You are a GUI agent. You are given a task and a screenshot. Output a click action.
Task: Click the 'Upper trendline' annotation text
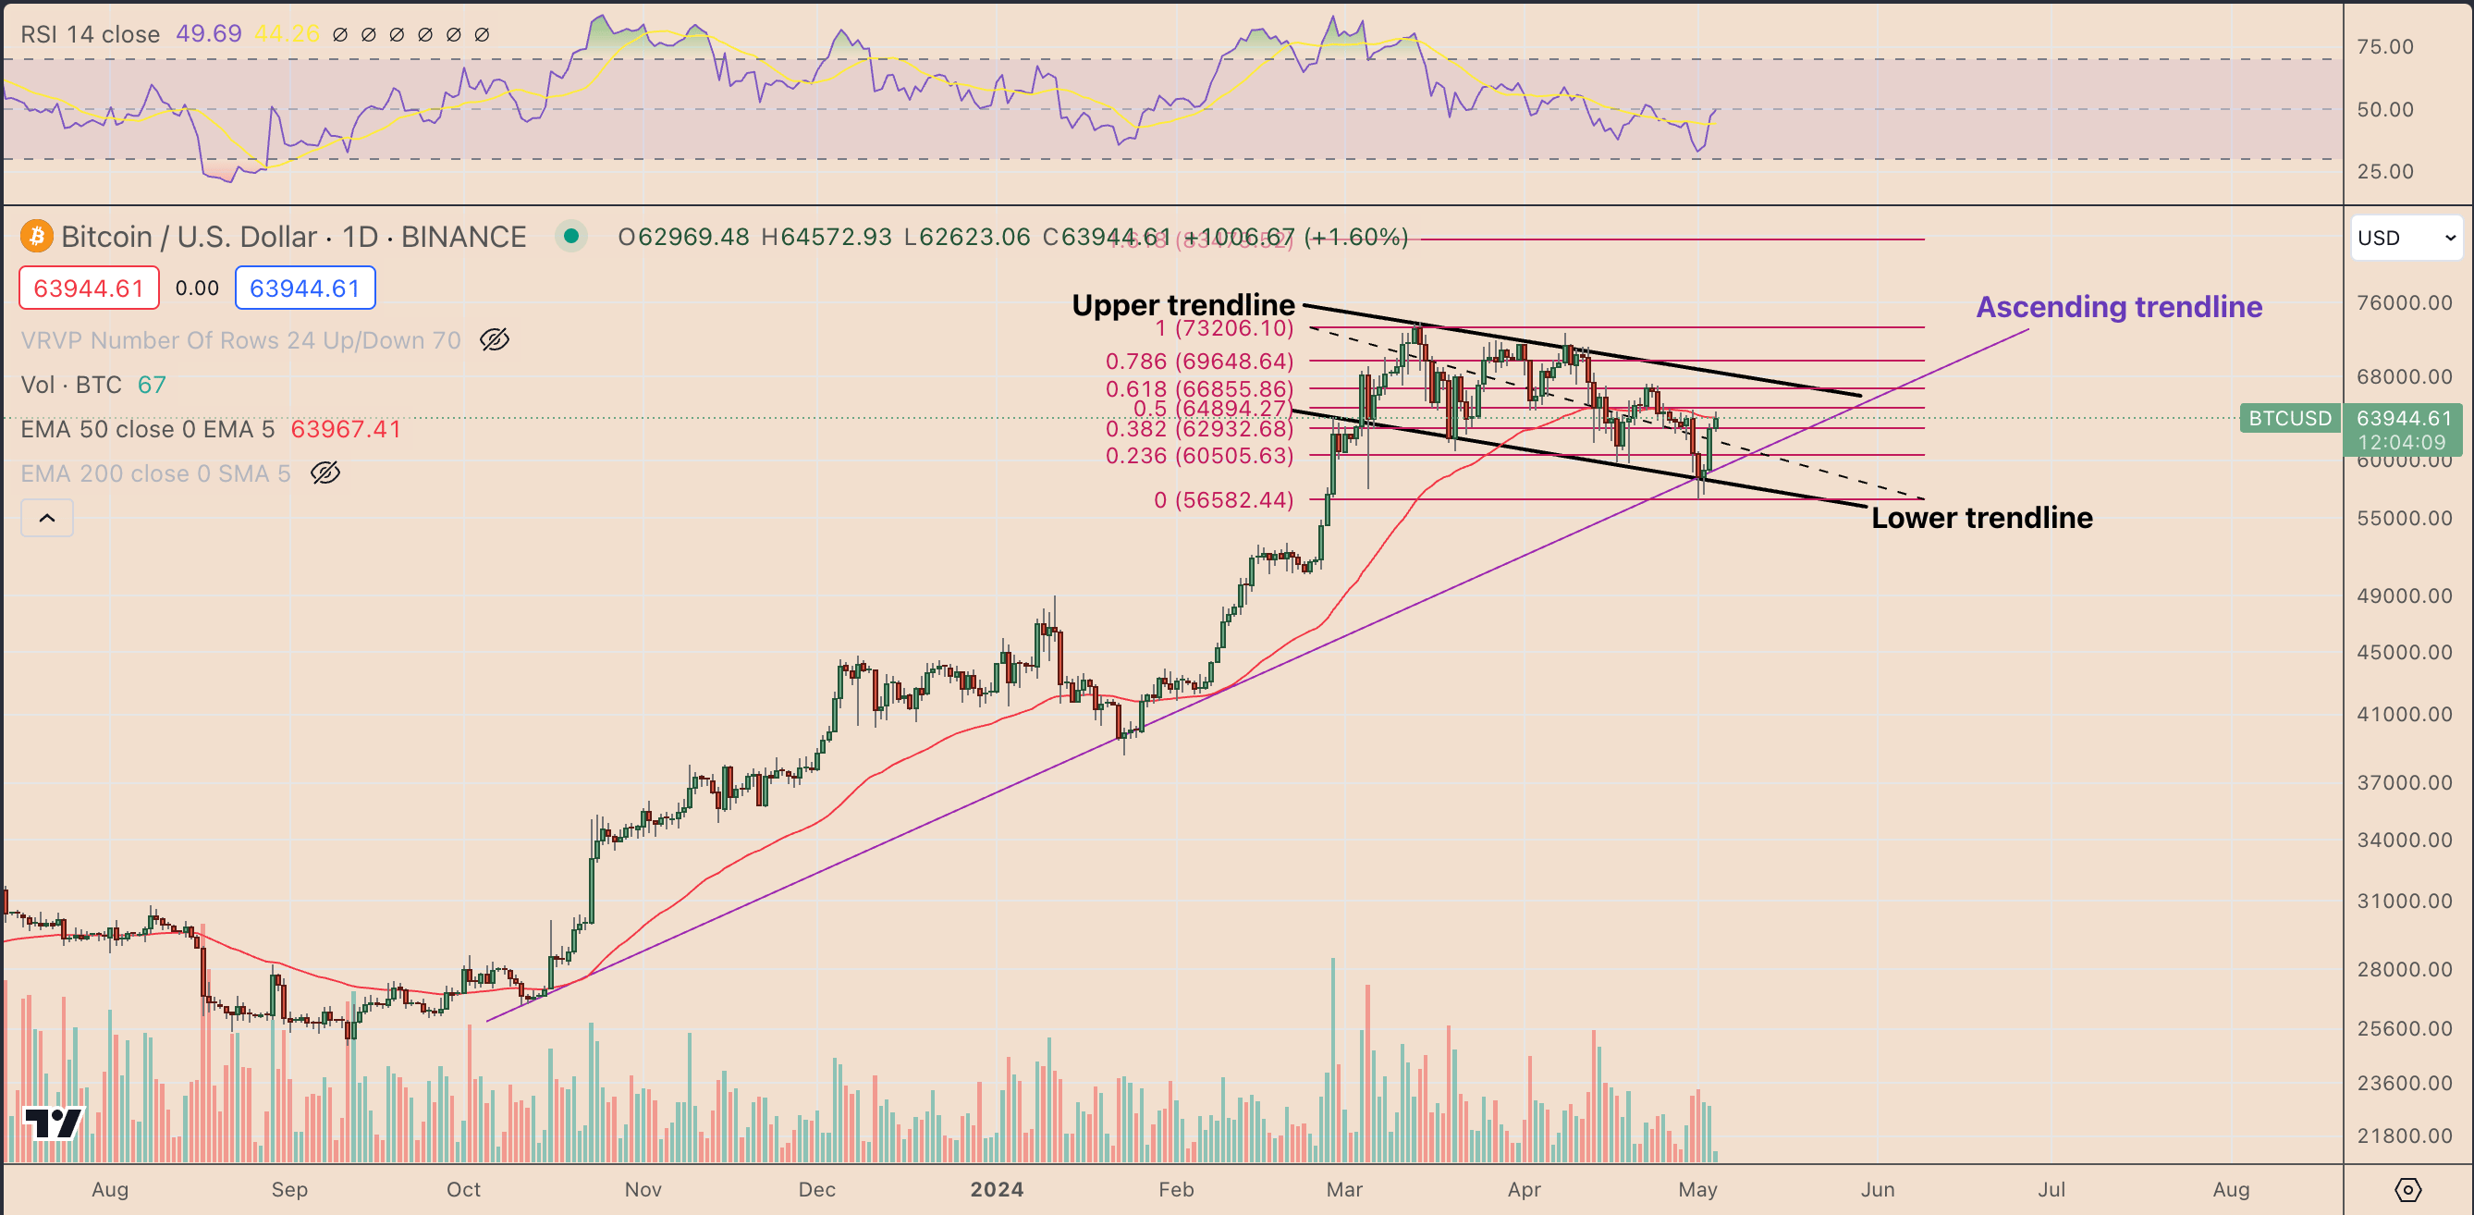pos(1182,305)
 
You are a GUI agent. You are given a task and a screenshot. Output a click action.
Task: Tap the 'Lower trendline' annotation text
pos(1981,519)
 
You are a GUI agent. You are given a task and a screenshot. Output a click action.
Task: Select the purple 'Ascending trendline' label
pos(2119,307)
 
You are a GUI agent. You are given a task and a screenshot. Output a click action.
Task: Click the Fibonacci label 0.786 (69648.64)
pos(1198,362)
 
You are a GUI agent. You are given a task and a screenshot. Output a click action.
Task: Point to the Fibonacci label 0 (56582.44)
pos(1222,500)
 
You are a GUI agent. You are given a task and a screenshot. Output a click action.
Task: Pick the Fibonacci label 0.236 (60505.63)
pos(1198,456)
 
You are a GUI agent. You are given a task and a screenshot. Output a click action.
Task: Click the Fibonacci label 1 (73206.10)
pos(1223,328)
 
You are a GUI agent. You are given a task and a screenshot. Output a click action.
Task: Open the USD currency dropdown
pos(2406,239)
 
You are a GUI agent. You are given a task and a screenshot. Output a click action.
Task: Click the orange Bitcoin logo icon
pos(36,237)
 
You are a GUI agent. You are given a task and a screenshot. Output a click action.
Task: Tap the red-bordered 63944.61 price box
pos(90,288)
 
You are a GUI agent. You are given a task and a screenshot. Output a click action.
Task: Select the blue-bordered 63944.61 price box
pos(304,288)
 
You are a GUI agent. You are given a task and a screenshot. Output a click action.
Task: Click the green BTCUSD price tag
pos(2290,419)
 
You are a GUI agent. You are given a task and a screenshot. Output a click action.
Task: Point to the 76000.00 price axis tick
pos(2404,303)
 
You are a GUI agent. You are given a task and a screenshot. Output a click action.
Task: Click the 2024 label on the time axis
pos(996,1190)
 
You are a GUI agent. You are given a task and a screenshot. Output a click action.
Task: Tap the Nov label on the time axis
pos(643,1190)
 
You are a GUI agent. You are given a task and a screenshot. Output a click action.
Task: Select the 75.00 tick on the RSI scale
pos(2384,47)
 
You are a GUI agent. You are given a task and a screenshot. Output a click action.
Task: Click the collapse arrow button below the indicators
pos(47,519)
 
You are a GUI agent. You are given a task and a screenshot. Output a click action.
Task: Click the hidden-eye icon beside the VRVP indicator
pos(494,340)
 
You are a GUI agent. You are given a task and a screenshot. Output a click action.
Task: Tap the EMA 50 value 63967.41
pos(346,429)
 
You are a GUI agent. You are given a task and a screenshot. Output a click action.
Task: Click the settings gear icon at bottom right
pos(2407,1190)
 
